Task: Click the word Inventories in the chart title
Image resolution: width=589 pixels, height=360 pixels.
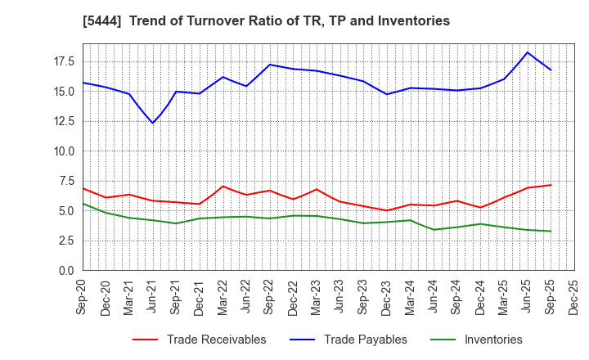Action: pos(413,21)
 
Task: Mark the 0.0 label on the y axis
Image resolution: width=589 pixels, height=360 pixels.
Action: pos(66,271)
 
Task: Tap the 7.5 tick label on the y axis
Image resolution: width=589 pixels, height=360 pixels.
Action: pos(66,181)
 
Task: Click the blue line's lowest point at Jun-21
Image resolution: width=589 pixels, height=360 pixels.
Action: pos(153,123)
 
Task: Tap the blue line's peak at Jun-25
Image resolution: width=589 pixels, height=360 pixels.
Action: pos(527,52)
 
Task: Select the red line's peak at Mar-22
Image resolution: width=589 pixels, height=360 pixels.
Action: pos(223,186)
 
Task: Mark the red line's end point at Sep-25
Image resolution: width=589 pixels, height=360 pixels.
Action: pos(551,185)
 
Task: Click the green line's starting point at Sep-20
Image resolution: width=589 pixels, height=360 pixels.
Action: pos(83,204)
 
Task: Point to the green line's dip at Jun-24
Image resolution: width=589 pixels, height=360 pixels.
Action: pos(434,229)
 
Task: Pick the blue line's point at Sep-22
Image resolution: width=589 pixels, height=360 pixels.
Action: pos(270,65)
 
